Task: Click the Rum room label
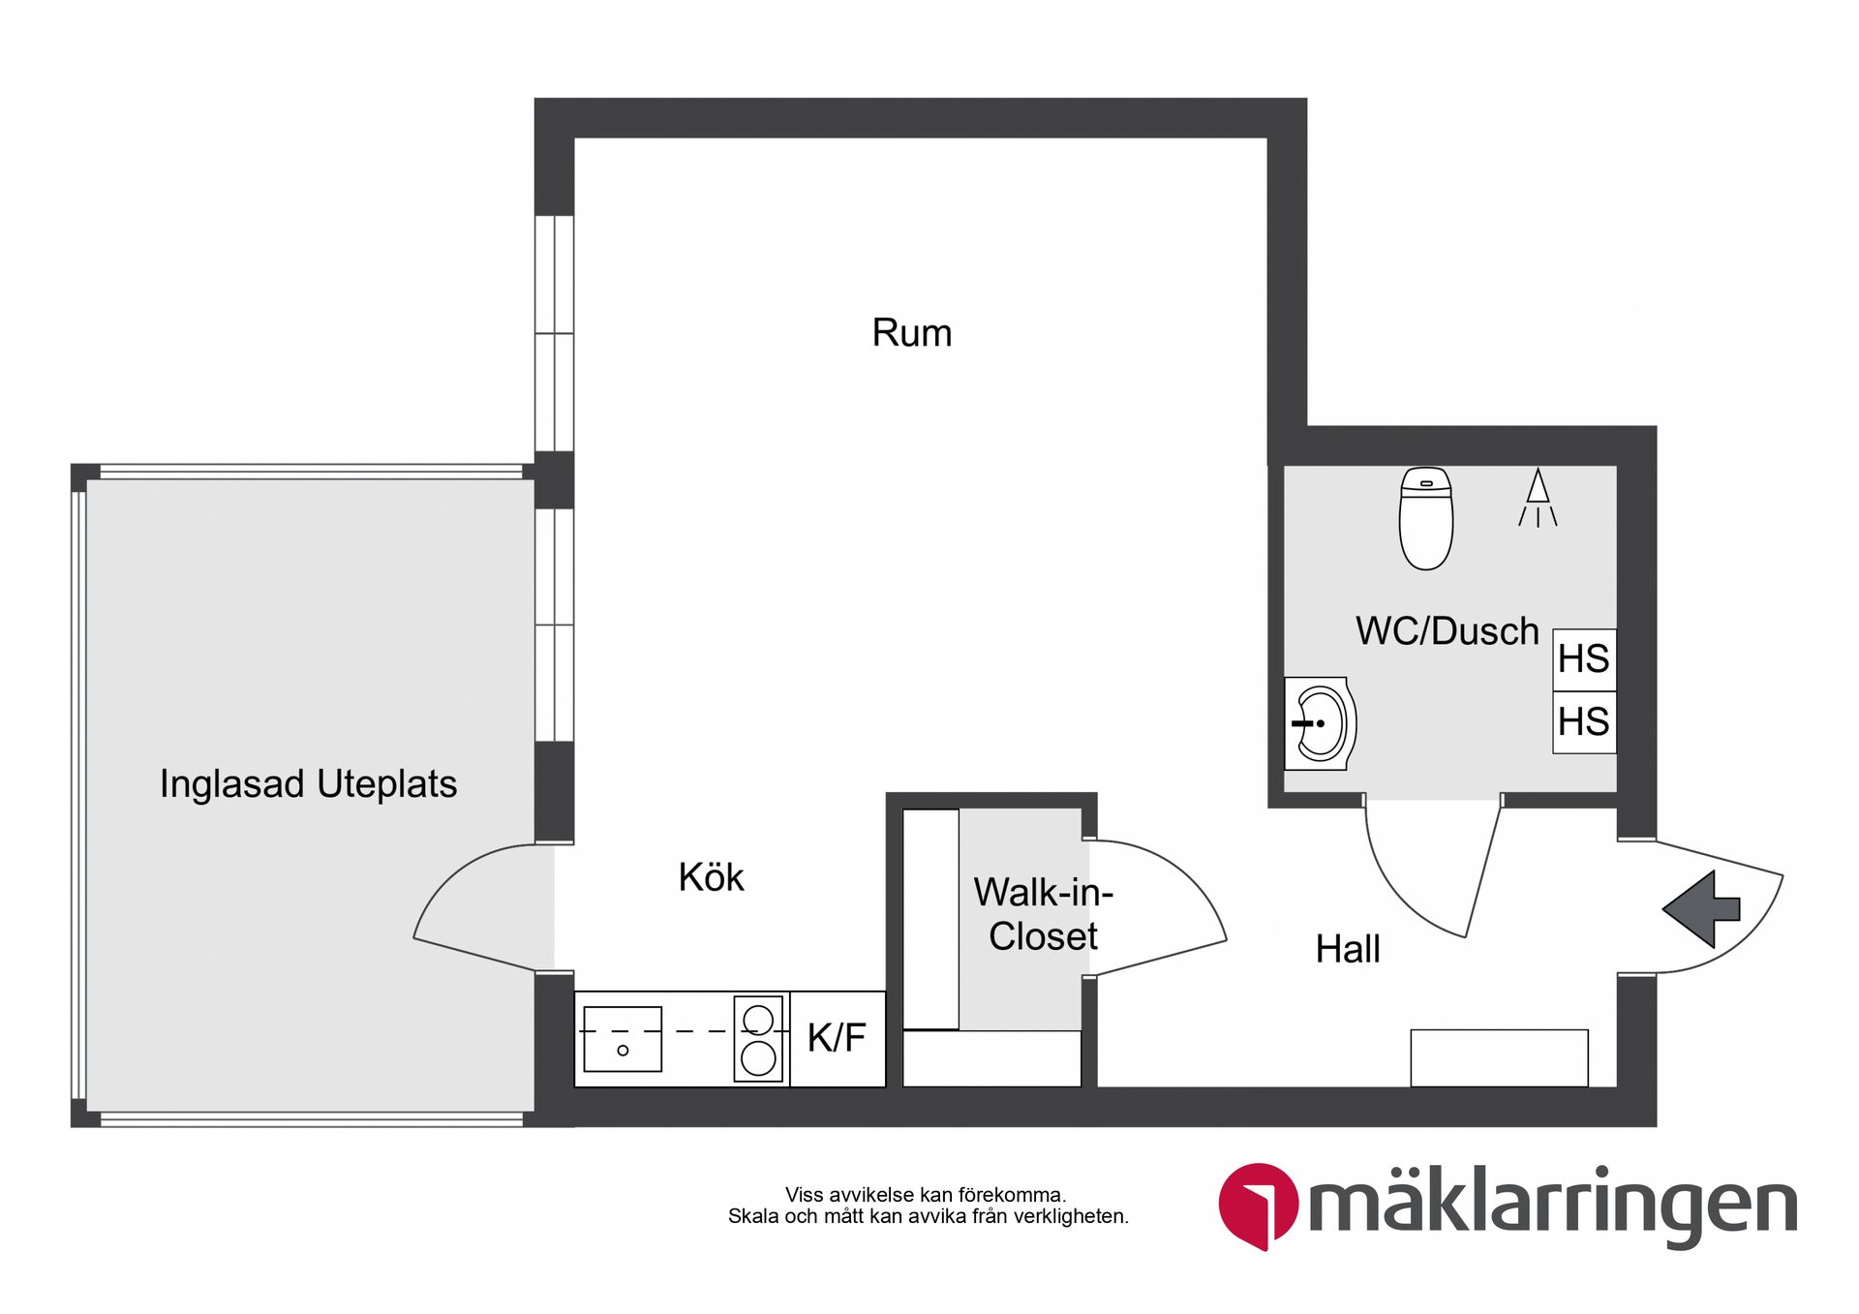click(912, 333)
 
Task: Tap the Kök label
click(711, 877)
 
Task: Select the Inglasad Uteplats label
click(308, 783)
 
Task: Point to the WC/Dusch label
click(1447, 631)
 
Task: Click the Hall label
click(1347, 949)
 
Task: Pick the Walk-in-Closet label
click(1043, 914)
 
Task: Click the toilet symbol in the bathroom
click(1426, 519)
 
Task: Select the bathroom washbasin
click(1320, 723)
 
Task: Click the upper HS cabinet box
click(1584, 659)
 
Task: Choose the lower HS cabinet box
click(1584, 722)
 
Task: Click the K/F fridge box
click(838, 1038)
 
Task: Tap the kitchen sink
click(623, 1039)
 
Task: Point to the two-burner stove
click(758, 1039)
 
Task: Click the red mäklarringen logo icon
click(1257, 1205)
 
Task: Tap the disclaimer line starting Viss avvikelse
click(925, 1195)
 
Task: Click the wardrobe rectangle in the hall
click(1499, 1057)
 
